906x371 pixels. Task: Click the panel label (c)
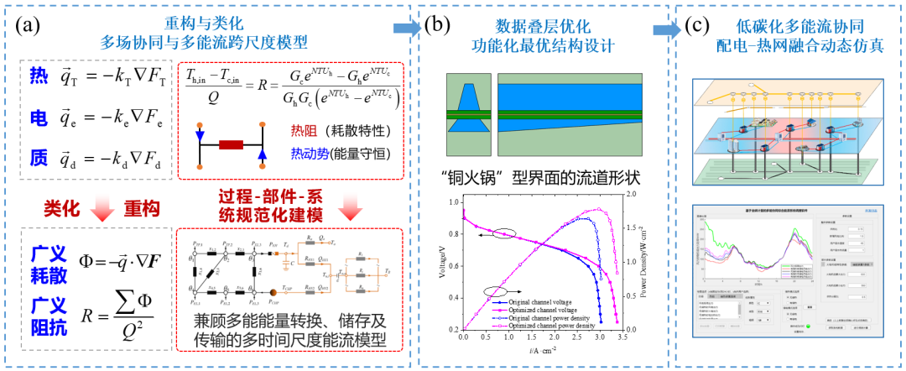[699, 26]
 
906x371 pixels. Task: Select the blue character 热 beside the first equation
[38, 77]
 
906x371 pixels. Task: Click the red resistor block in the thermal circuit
[230, 144]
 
